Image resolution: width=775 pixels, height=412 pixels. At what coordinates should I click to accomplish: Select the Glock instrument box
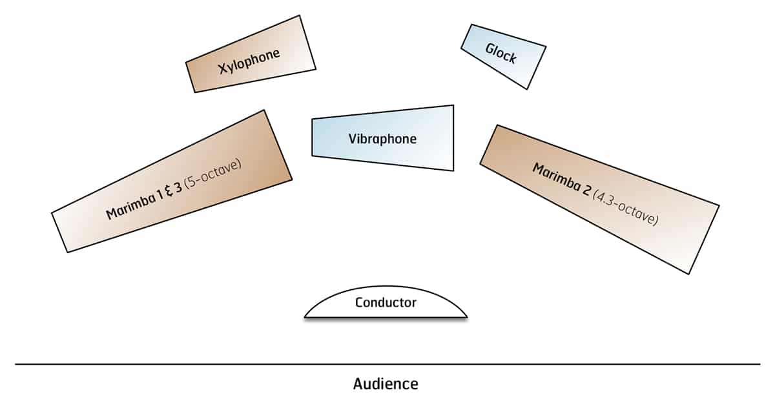click(504, 56)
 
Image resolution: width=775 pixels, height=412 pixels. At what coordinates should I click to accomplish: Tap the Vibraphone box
click(382, 138)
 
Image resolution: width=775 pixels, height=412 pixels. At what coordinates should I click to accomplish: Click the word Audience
click(386, 384)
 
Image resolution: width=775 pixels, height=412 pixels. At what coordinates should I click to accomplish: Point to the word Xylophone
click(249, 60)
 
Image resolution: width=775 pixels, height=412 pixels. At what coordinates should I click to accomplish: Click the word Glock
click(501, 54)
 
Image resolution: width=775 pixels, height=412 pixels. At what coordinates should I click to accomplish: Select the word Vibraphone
click(382, 139)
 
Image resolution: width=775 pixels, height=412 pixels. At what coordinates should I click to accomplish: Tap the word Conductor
click(386, 302)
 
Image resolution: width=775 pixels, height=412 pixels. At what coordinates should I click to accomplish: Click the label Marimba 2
click(563, 182)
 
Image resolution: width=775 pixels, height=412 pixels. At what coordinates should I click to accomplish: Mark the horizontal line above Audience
click(387, 364)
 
